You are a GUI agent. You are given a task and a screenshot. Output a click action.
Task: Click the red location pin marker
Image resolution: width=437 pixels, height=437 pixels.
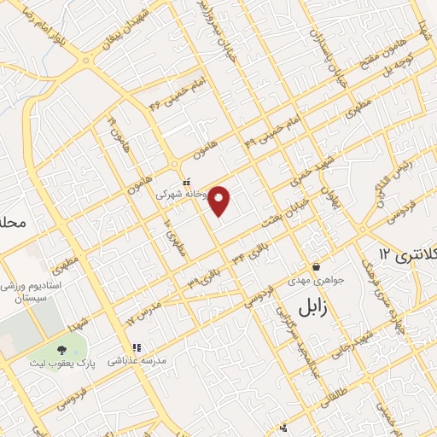[x=220, y=201]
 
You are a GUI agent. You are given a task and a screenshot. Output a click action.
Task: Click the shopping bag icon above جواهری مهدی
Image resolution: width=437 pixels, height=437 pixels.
[x=316, y=267]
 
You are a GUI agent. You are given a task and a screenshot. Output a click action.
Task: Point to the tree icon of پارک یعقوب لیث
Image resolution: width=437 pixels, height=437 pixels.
[x=61, y=349]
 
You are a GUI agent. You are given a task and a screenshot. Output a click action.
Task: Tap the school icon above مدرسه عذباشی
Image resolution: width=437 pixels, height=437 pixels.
[x=136, y=348]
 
